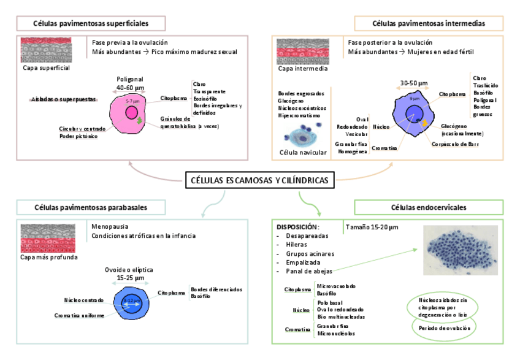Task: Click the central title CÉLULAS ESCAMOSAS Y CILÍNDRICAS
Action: tap(260, 180)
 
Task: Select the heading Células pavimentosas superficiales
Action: tap(91, 23)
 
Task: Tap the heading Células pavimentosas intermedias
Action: tap(429, 23)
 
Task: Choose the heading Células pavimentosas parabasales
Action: tap(91, 208)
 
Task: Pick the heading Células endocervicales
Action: tap(429, 208)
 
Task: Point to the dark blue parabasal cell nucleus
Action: tap(132, 301)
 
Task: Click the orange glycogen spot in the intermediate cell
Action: tap(424, 124)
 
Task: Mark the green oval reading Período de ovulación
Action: tap(445, 328)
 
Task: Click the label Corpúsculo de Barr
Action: tap(455, 145)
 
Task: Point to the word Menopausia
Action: tap(110, 226)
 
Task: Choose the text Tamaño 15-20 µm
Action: tap(372, 227)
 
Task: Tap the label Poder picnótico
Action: tap(78, 137)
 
